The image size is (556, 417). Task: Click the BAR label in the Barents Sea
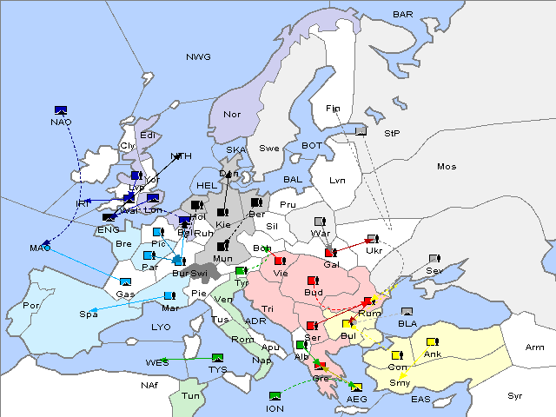[402, 15]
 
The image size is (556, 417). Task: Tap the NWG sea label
[198, 57]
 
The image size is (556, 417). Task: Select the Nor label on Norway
[232, 115]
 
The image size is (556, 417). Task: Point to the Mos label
[447, 166]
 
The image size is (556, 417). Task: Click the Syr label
[515, 395]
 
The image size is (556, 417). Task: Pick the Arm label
[535, 347]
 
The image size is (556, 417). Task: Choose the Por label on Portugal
[31, 306]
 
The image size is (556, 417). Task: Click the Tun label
[190, 395]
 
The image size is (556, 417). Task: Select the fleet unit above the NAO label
[61, 109]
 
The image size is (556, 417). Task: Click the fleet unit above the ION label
[275, 396]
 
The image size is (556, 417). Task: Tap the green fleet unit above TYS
[217, 357]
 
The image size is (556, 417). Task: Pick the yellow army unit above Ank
[432, 341]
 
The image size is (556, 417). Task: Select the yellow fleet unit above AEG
[355, 387]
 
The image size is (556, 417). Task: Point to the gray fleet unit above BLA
[407, 311]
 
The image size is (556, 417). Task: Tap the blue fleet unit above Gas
[125, 281]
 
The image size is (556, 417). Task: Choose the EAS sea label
[420, 400]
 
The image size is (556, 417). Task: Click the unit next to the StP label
[361, 132]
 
